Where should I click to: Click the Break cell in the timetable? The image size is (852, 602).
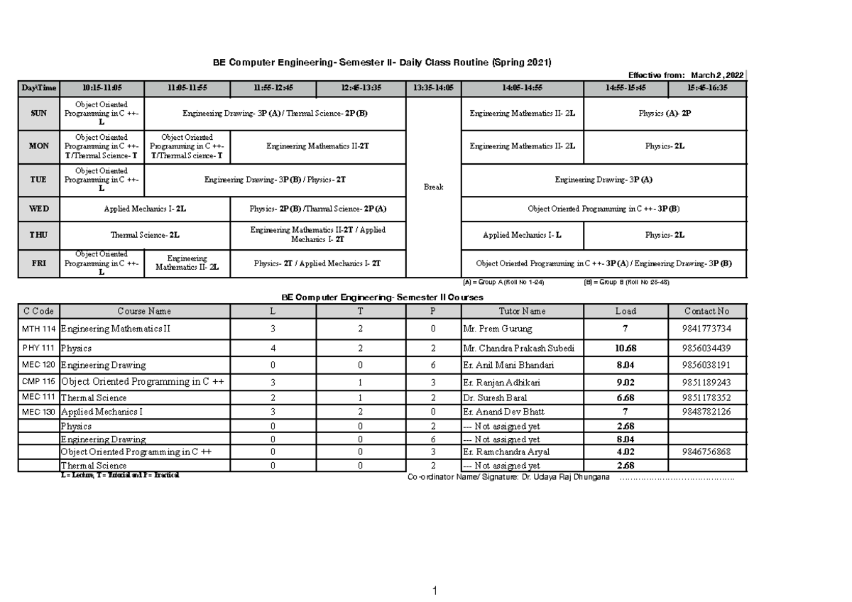(433, 187)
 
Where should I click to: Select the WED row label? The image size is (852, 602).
(39, 209)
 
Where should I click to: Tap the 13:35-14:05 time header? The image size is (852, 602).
(433, 88)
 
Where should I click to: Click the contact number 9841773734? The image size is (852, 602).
(707, 329)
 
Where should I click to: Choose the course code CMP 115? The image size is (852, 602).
(39, 382)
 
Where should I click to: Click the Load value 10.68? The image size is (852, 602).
(626, 348)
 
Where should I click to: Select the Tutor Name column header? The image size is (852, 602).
(522, 311)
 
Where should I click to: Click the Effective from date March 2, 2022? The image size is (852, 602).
(717, 75)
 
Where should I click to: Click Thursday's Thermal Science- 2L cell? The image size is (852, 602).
(145, 234)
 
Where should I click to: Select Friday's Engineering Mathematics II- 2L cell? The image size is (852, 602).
(187, 263)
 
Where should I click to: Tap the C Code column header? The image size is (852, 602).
(39, 311)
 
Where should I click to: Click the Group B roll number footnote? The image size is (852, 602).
(626, 282)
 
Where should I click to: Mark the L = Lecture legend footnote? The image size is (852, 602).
(121, 475)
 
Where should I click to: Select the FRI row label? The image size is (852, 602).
(39, 263)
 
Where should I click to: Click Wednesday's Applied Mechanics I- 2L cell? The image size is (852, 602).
(145, 209)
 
